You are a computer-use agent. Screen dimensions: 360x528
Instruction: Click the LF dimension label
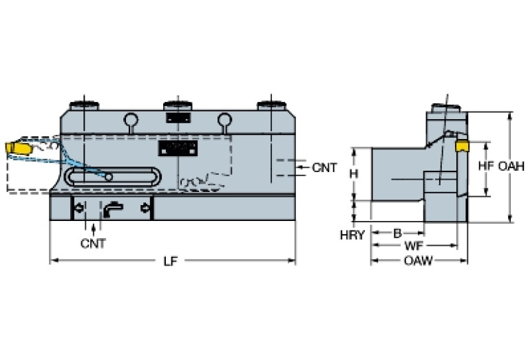coord(171,262)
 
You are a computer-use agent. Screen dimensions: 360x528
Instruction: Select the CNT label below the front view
coord(93,243)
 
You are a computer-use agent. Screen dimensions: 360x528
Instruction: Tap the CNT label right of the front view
coord(324,167)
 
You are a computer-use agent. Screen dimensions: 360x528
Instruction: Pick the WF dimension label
coord(414,246)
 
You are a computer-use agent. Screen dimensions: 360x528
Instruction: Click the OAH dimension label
coord(511,166)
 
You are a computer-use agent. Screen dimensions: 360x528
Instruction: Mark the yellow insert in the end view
coord(462,146)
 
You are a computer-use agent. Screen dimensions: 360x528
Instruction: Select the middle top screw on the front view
coord(177,106)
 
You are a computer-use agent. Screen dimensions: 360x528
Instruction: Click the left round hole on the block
coord(130,120)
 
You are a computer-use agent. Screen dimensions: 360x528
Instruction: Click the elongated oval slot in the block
coord(113,176)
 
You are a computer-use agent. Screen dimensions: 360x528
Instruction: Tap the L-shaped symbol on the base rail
coord(112,207)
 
